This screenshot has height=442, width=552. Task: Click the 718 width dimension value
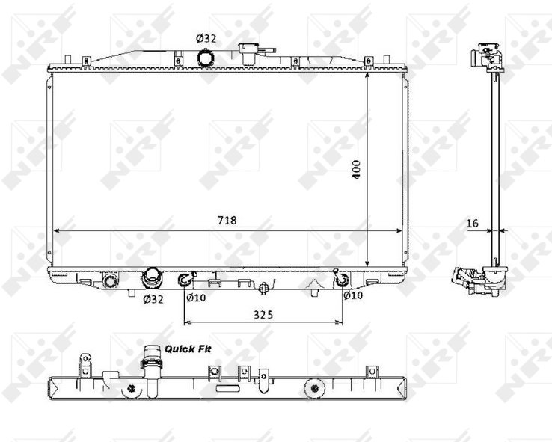(x=227, y=221)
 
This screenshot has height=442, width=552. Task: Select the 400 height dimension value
(x=356, y=170)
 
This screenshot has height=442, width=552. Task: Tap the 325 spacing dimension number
(x=263, y=315)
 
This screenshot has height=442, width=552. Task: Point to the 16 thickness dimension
(x=473, y=223)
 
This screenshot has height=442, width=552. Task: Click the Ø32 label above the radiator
(x=206, y=38)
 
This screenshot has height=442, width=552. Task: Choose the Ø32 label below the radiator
(x=153, y=299)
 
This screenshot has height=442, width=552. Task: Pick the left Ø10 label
(x=196, y=298)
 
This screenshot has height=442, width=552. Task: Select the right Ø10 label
(x=353, y=295)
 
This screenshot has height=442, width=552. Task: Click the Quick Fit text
(x=188, y=349)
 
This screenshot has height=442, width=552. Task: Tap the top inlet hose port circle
(x=205, y=58)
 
